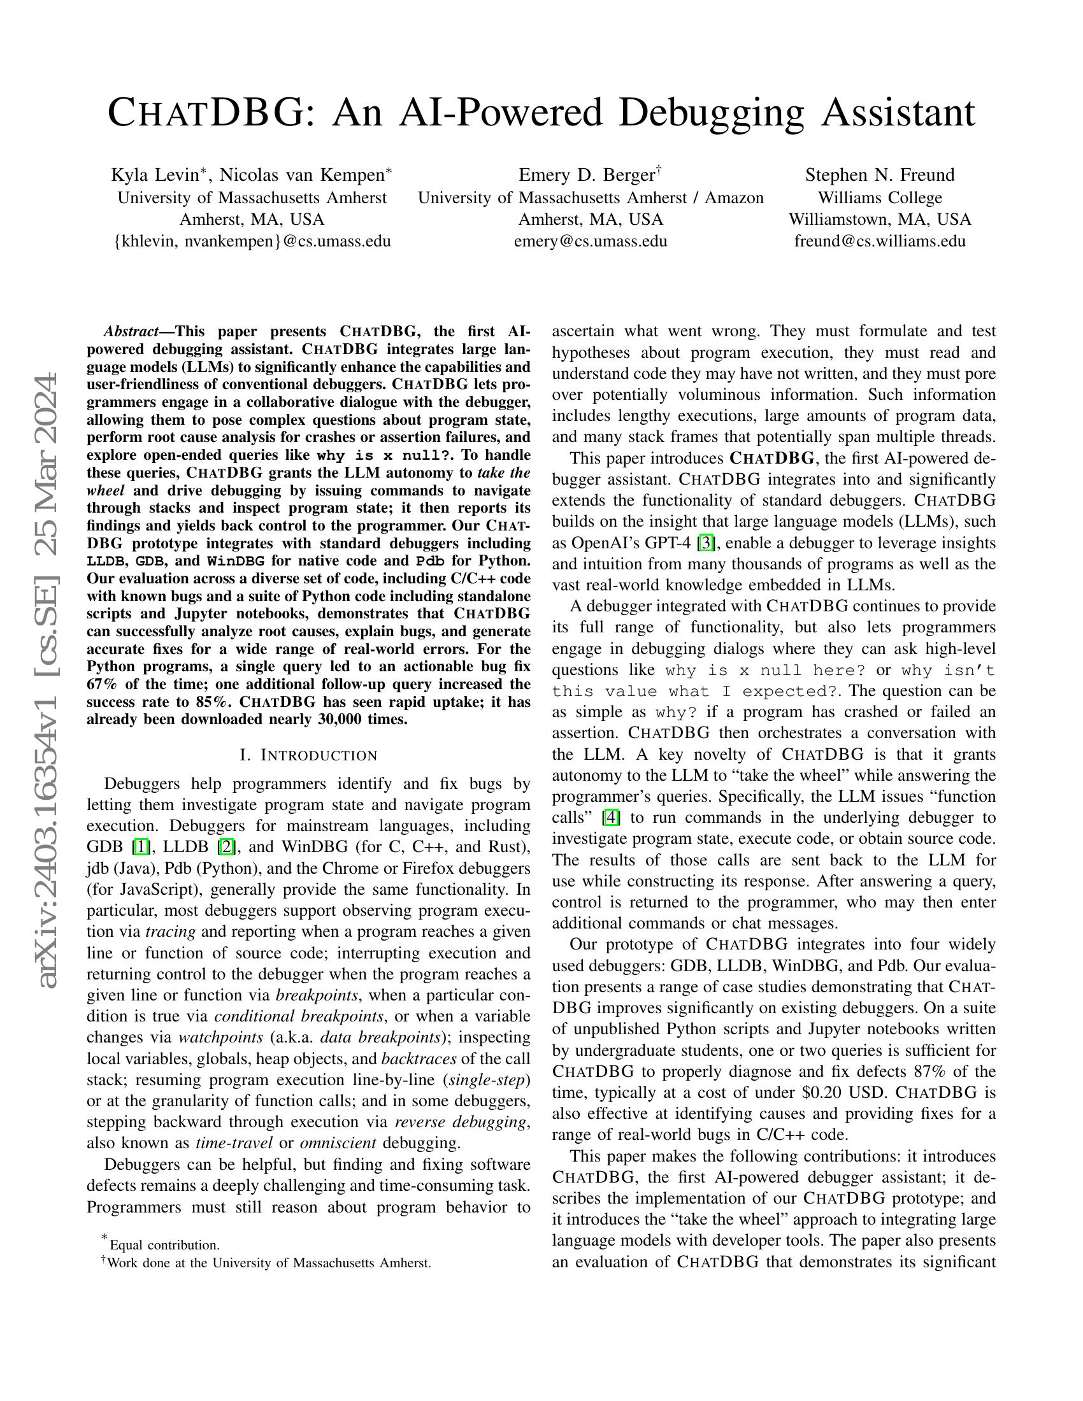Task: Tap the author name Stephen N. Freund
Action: (880, 175)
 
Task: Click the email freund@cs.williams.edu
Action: (880, 241)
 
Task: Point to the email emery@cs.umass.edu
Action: (591, 241)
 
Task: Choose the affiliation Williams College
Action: (880, 197)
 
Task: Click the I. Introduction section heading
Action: (308, 755)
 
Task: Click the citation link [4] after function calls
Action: (610, 818)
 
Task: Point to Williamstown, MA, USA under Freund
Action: (880, 220)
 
